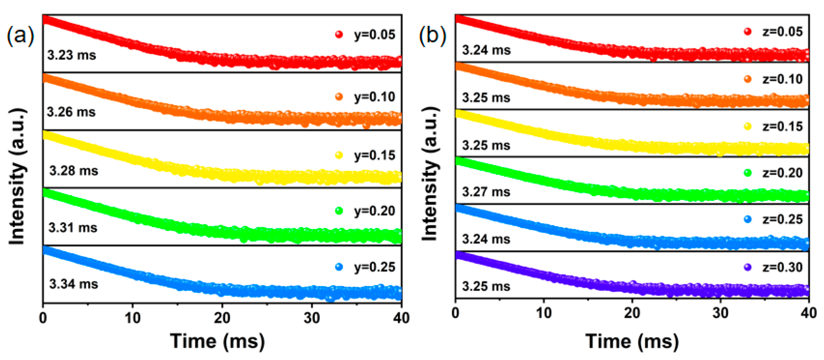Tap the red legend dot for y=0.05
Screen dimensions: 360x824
339,34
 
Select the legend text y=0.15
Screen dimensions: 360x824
374,155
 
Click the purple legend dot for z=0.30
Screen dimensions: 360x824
748,267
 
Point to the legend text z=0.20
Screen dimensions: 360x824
782,173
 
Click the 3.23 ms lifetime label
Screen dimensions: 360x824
72,55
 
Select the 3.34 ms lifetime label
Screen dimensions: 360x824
74,284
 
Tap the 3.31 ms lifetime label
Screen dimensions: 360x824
73,227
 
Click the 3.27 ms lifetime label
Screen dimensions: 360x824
486,192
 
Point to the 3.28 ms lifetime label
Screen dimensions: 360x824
74,170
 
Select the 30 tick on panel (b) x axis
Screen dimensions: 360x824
720,313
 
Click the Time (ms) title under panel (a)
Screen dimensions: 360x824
218,341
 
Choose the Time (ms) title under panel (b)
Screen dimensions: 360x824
632,341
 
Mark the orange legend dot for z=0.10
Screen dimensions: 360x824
748,79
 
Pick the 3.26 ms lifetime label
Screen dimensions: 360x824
71,112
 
